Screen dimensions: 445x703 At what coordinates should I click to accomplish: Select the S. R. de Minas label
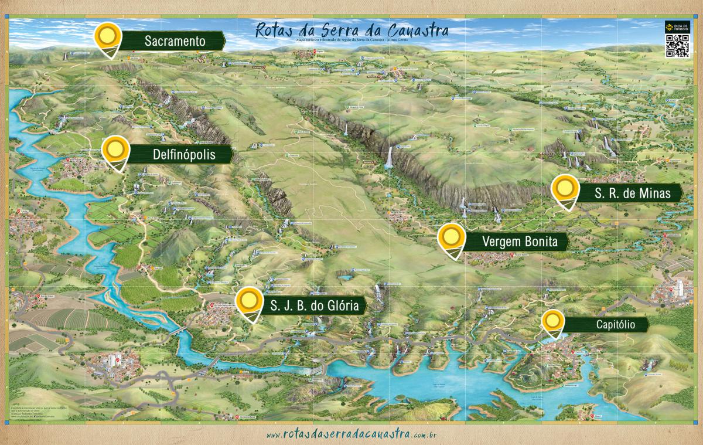click(630, 192)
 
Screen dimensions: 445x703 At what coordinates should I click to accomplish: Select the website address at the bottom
click(351, 434)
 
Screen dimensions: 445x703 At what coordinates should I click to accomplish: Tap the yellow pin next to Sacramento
click(108, 38)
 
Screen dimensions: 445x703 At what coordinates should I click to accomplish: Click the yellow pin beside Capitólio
click(552, 321)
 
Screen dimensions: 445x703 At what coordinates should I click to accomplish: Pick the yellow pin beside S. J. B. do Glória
click(249, 301)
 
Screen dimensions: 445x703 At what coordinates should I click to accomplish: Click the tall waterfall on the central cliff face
click(388, 158)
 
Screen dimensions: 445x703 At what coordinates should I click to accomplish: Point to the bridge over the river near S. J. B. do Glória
click(178, 331)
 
